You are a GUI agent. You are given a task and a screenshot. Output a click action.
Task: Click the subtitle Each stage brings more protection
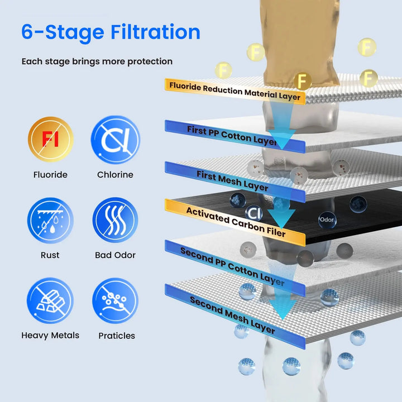pyautogui.click(x=97, y=61)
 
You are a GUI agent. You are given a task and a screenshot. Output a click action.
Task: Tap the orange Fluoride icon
pyautogui.click(x=50, y=140)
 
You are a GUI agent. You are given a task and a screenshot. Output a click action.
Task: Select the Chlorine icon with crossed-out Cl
pyautogui.click(x=115, y=140)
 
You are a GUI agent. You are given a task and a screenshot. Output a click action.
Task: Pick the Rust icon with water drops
pyautogui.click(x=50, y=221)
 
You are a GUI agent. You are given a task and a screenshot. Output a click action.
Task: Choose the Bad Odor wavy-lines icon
pyautogui.click(x=115, y=221)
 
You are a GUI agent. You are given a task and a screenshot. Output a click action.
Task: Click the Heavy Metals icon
pyautogui.click(x=50, y=301)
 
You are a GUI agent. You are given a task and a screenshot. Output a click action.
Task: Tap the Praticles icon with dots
pyautogui.click(x=115, y=301)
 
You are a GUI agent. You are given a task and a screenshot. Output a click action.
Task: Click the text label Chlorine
pyautogui.click(x=115, y=175)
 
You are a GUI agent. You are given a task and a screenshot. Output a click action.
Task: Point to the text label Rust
pyautogui.click(x=50, y=255)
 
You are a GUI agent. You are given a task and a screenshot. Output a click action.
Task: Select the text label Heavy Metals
pyautogui.click(x=50, y=336)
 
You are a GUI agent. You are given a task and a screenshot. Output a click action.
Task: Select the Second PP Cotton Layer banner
pyautogui.click(x=233, y=267)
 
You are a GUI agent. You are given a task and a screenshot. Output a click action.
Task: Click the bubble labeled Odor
pyautogui.click(x=327, y=219)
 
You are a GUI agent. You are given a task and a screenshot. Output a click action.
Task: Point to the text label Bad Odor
pyautogui.click(x=115, y=255)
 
